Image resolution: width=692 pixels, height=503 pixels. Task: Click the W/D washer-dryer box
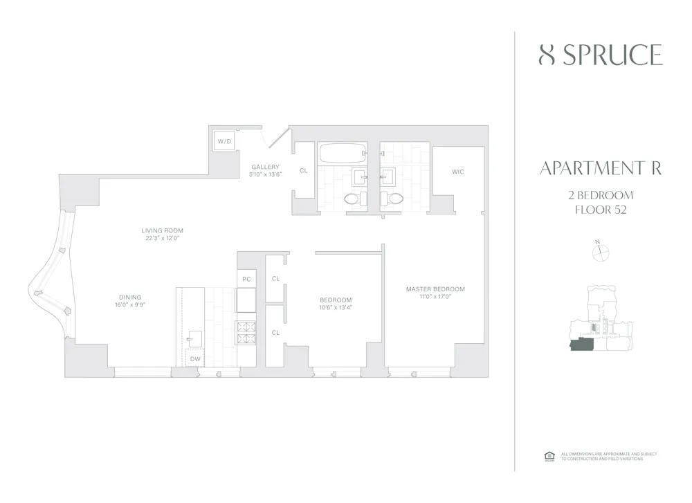pos(225,141)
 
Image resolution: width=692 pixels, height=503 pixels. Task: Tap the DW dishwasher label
pos(196,359)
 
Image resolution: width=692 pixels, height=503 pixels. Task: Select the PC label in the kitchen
pos(246,279)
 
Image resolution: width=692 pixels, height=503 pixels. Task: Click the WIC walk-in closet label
pos(457,171)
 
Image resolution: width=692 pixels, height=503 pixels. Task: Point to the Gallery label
pos(265,167)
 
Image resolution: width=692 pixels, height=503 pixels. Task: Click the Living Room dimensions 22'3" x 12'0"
pos(162,239)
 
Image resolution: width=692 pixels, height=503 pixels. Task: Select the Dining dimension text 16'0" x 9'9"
pos(130,305)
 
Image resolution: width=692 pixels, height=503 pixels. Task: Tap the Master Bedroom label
pos(435,289)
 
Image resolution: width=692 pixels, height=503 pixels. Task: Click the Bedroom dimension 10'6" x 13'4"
pos(336,308)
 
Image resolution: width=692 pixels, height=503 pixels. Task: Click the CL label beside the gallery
pos(304,170)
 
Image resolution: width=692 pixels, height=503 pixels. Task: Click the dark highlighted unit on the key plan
pos(582,344)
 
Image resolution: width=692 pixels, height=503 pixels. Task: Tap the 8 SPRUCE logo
pos(600,55)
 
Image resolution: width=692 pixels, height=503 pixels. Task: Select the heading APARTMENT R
pos(600,169)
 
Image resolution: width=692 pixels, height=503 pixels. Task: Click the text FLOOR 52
pos(600,210)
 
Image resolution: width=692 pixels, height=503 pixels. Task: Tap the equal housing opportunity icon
pos(550,456)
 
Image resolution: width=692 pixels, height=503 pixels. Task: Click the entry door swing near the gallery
pos(275,136)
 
